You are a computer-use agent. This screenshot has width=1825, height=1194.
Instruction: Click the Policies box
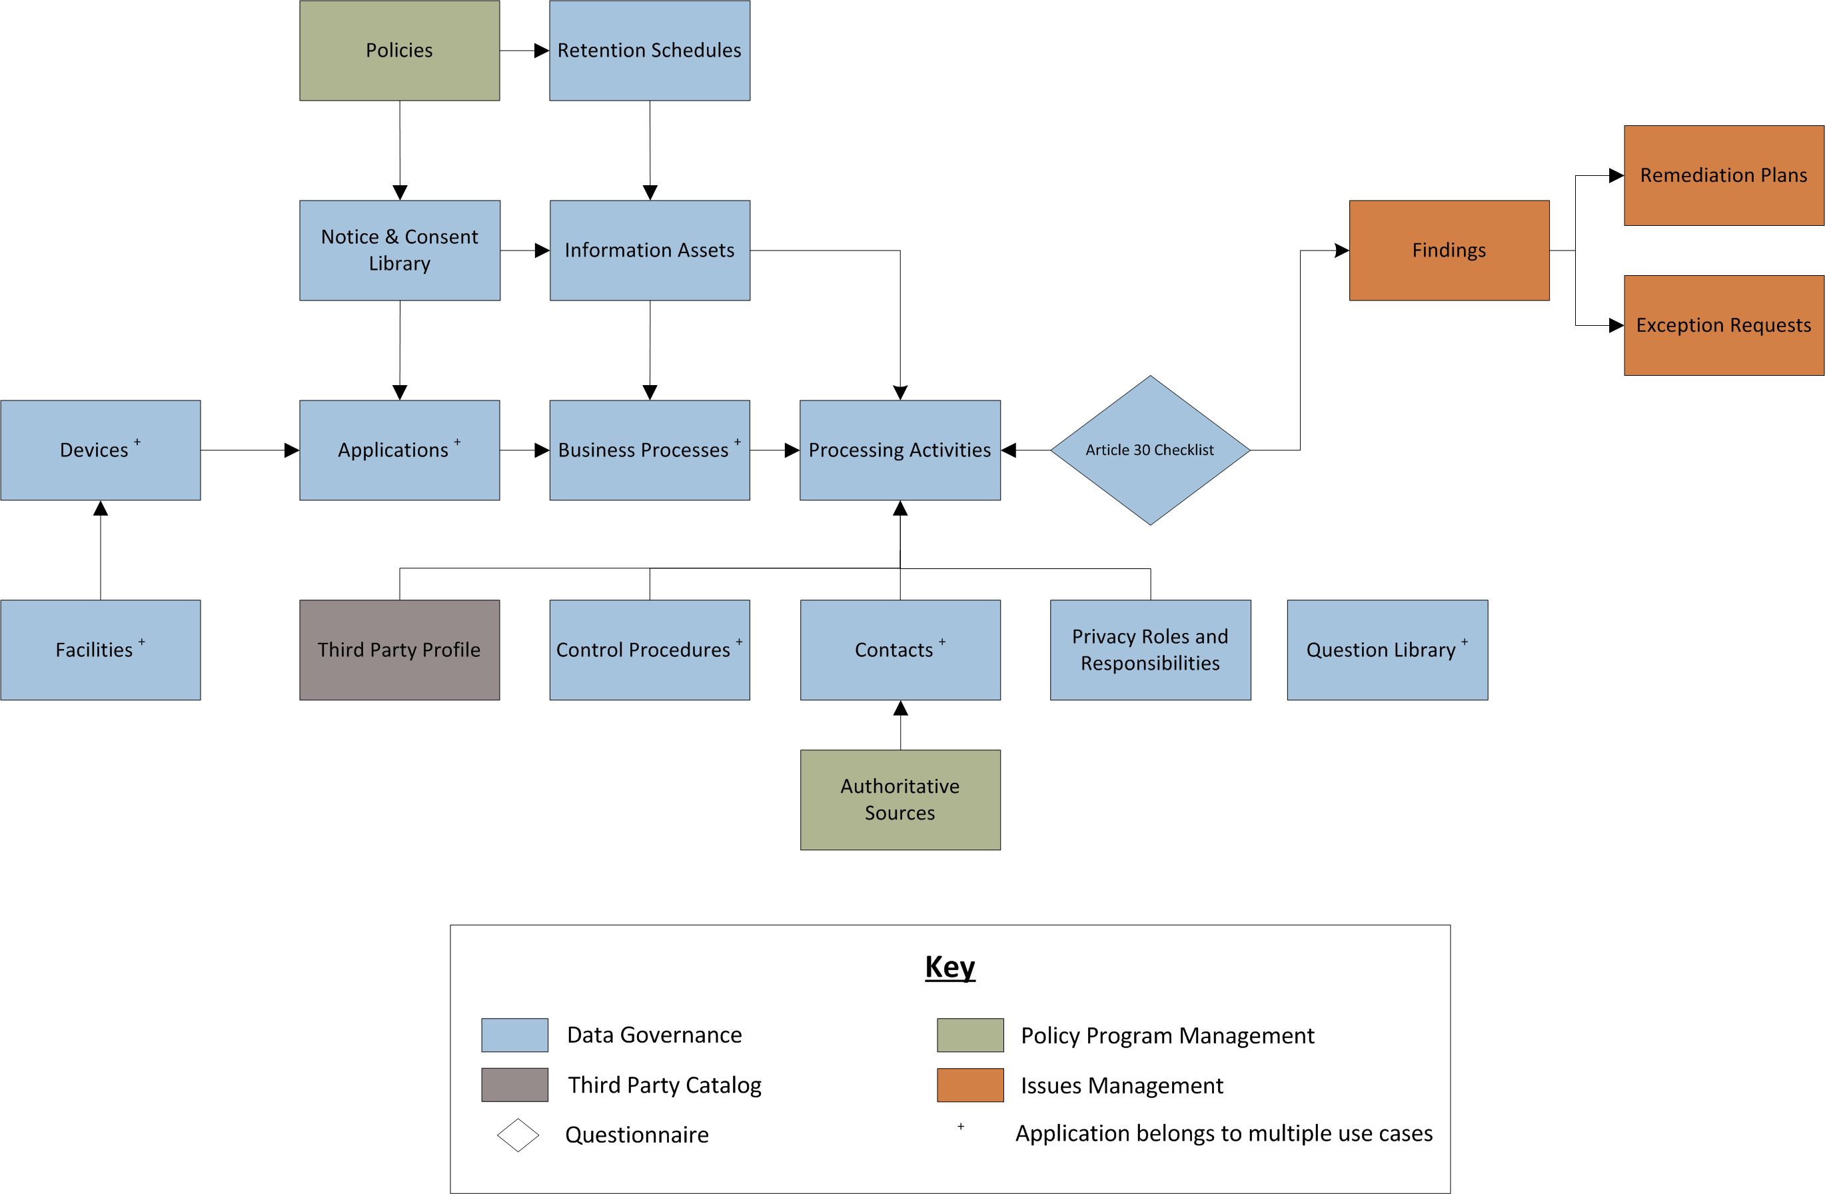400,51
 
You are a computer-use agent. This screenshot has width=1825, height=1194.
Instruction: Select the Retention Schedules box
650,51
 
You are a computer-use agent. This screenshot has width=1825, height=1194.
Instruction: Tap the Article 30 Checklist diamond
1149,450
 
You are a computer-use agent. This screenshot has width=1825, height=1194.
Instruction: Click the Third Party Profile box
400,650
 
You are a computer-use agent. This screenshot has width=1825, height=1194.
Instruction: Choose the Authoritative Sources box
900,799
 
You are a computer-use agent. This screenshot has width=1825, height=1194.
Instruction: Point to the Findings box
1449,250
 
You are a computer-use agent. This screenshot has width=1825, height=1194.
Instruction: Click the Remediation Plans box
1723,176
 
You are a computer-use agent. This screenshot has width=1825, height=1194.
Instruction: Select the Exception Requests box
1723,325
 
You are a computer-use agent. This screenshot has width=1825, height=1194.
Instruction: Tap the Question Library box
1387,650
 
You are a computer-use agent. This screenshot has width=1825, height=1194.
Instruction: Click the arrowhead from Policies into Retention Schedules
541,51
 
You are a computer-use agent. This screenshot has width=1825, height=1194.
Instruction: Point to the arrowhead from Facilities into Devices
101,508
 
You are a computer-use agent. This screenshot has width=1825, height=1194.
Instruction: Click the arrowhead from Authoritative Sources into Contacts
900,708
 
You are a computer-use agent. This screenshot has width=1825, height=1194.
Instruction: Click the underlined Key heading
949,967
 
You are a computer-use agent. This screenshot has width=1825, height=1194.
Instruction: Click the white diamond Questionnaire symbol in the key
518,1134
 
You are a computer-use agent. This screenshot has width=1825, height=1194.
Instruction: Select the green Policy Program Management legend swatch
970,1035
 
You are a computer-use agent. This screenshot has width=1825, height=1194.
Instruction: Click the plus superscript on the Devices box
137,442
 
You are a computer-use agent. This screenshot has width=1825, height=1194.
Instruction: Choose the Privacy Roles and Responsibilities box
1149,650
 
